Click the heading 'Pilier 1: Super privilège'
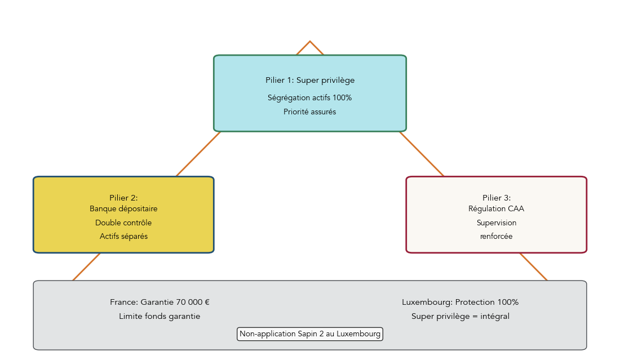(x=309, y=81)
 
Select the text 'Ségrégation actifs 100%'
(x=309, y=97)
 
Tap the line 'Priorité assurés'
(x=309, y=112)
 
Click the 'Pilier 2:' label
(x=123, y=198)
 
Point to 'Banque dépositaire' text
(x=123, y=208)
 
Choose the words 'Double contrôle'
(x=123, y=223)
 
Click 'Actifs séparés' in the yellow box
(x=123, y=237)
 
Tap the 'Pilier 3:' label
(x=496, y=198)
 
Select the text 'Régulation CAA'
(x=496, y=208)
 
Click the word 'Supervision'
(x=496, y=223)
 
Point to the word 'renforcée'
(x=496, y=237)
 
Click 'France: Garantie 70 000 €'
(x=160, y=302)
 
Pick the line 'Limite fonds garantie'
(x=160, y=316)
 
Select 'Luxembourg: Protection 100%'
(x=460, y=302)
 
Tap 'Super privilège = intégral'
(x=460, y=316)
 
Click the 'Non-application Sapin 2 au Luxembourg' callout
(x=309, y=334)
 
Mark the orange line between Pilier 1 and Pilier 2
(x=198, y=154)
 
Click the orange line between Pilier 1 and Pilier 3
(x=422, y=154)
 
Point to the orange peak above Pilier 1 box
(x=310, y=42)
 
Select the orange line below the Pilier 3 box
(x=533, y=266)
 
